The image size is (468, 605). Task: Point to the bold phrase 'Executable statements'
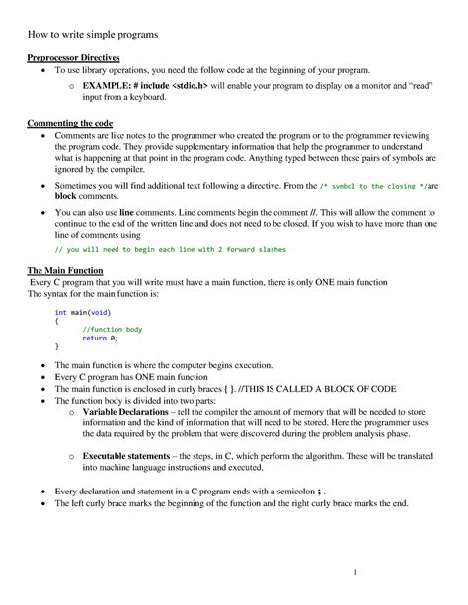pyautogui.click(x=133, y=457)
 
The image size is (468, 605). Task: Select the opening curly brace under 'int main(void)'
pyautogui.click(x=56, y=320)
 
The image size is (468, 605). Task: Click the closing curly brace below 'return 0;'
pyautogui.click(x=56, y=347)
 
